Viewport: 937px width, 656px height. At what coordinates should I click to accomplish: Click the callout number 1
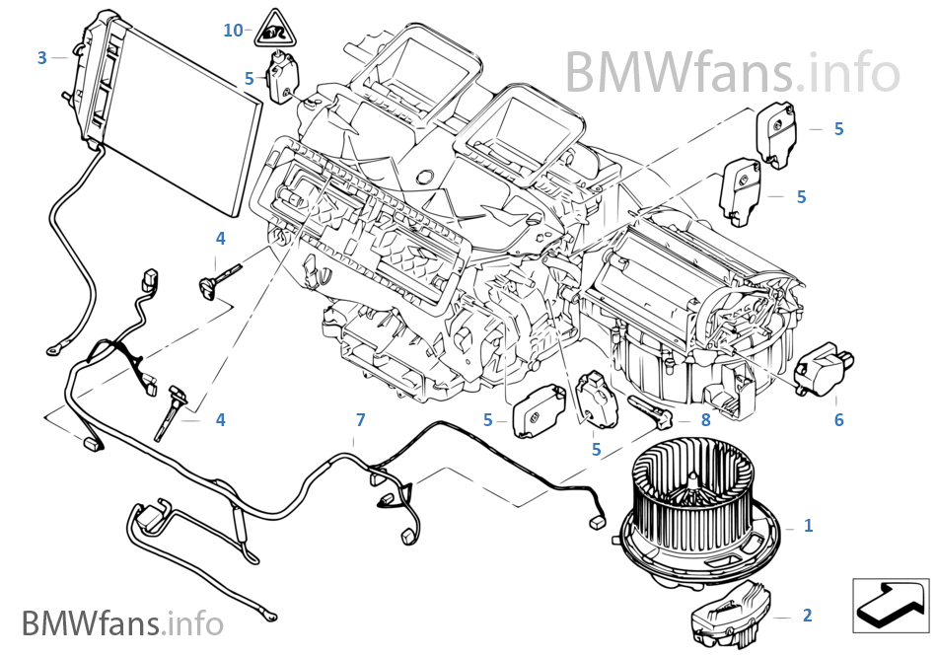pyautogui.click(x=808, y=526)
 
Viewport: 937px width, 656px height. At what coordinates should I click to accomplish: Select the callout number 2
pyautogui.click(x=807, y=616)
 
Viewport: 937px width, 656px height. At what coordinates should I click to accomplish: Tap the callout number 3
pyautogui.click(x=41, y=58)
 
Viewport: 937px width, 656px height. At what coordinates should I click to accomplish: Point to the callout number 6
pyautogui.click(x=838, y=420)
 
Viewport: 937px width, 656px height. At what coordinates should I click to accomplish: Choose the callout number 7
pyautogui.click(x=360, y=420)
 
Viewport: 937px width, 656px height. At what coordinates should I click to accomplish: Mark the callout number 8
pyautogui.click(x=704, y=419)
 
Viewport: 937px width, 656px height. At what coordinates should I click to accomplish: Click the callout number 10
pyautogui.click(x=233, y=31)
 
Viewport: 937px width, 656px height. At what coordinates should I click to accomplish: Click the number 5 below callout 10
pyautogui.click(x=250, y=77)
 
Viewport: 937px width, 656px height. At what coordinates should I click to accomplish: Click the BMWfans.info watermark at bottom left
pyautogui.click(x=122, y=623)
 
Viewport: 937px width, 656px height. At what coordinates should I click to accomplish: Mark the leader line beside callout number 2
pyautogui.click(x=780, y=617)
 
